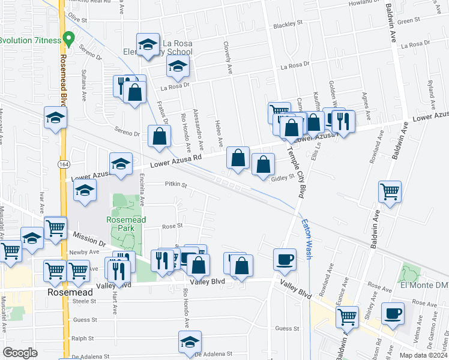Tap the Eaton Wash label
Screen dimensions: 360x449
[306, 238]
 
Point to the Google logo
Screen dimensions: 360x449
[20, 353]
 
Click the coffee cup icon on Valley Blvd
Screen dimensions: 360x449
[285, 260]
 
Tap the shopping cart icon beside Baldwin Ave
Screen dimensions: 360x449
[390, 193]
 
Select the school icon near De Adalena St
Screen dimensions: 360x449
[190, 343]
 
